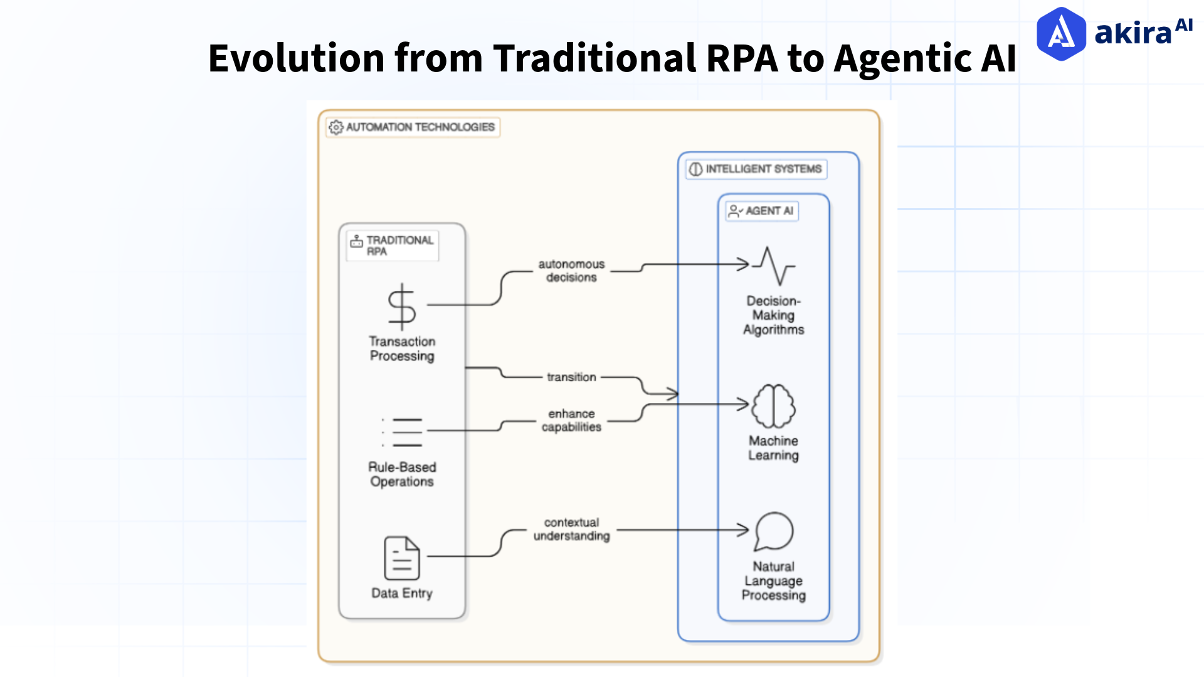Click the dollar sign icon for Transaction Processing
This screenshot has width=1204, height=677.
[401, 307]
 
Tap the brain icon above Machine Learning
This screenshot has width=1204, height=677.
[773, 406]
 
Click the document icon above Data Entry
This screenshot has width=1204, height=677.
[401, 557]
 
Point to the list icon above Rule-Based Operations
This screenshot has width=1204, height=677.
[402, 432]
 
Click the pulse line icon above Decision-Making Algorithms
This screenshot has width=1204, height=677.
[774, 266]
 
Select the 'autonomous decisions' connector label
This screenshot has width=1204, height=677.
[571, 271]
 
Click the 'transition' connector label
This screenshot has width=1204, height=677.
[571, 377]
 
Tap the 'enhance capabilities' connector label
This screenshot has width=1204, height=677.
[571, 420]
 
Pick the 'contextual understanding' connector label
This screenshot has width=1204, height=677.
[571, 529]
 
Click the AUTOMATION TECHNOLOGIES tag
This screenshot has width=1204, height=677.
[413, 127]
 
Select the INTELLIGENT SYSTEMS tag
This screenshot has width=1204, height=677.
[756, 169]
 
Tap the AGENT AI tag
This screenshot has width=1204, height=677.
[762, 211]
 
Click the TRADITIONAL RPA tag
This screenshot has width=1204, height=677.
[393, 245]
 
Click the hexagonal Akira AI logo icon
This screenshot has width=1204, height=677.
[1060, 34]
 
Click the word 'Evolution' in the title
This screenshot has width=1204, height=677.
[296, 59]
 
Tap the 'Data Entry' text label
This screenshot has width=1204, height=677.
[401, 593]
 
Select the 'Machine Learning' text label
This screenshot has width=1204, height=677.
[773, 448]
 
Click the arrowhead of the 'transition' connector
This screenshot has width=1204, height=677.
[673, 394]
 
